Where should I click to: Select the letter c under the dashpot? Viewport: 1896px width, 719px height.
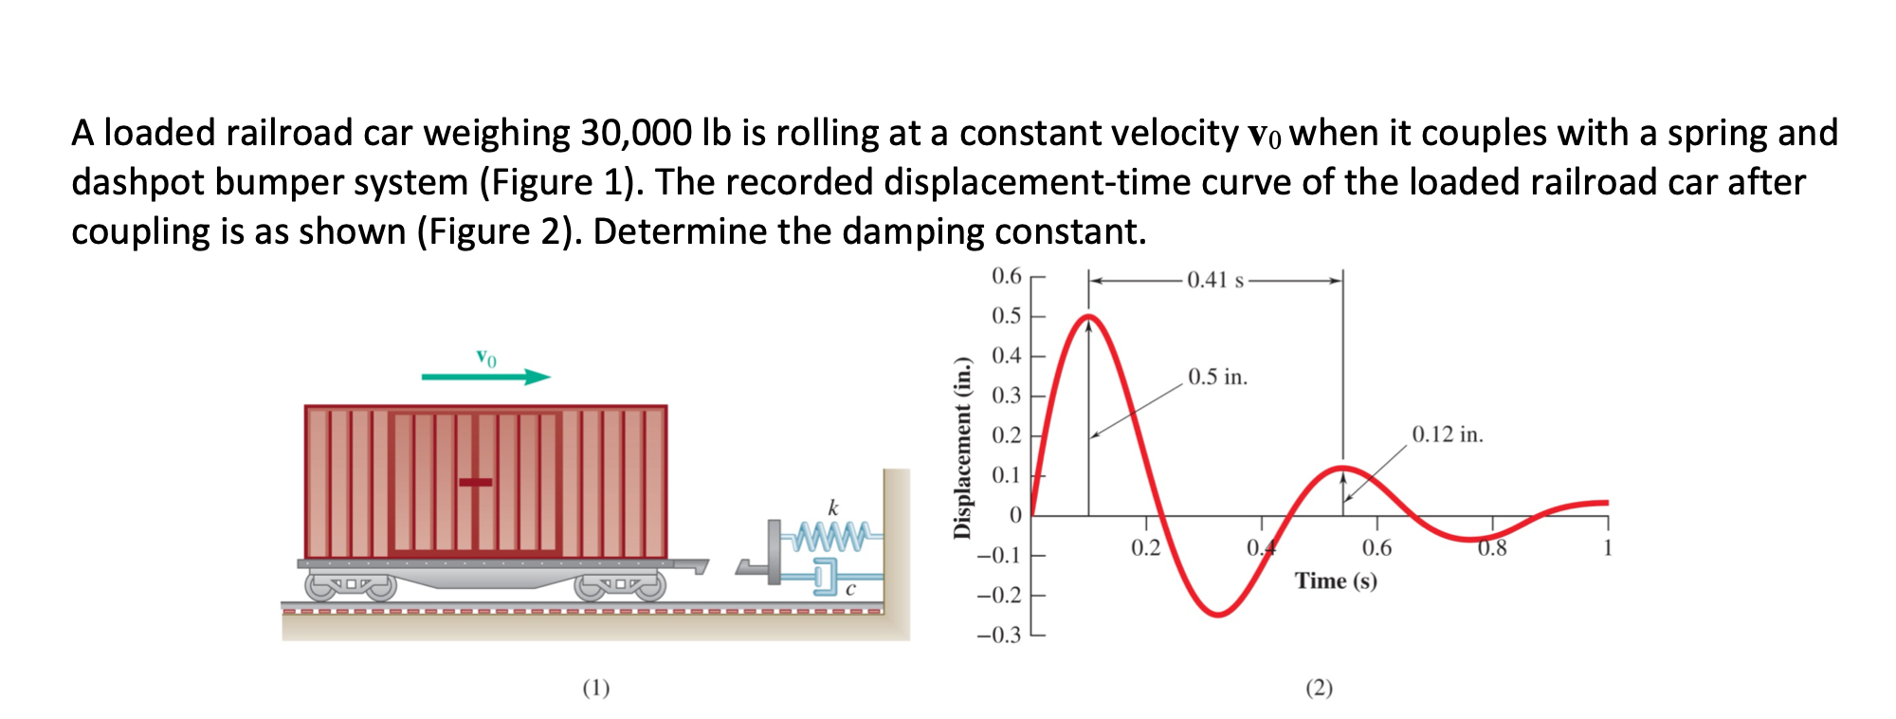click(x=850, y=590)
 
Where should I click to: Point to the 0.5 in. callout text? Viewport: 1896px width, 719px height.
click(x=1217, y=377)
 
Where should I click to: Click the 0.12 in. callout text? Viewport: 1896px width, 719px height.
click(x=1447, y=434)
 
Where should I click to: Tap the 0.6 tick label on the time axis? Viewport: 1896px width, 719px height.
click(x=1376, y=547)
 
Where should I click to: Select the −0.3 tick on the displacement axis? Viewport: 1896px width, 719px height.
click(x=999, y=635)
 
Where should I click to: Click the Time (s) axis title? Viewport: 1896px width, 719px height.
click(x=1336, y=581)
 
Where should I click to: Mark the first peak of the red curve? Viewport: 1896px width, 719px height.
click(x=1089, y=316)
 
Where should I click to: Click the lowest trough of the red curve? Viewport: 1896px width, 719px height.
click(x=1218, y=615)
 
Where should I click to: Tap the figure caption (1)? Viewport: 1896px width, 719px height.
click(x=595, y=688)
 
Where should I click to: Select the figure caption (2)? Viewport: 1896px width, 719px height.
click(x=1319, y=688)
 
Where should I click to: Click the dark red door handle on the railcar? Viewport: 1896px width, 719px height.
click(x=475, y=482)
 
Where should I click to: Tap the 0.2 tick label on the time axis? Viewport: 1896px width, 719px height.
click(x=1145, y=547)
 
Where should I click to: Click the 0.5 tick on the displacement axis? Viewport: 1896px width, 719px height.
click(x=1006, y=316)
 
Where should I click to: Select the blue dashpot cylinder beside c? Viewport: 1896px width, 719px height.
click(x=823, y=575)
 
